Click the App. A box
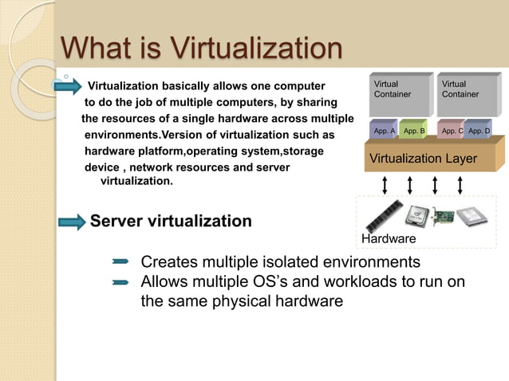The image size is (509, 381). pyautogui.click(x=385, y=130)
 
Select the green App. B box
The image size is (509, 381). pyautogui.click(x=414, y=130)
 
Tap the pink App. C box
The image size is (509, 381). pyautogui.click(x=452, y=130)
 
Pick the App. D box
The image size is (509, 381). pyautogui.click(x=479, y=130)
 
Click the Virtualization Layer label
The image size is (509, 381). pyautogui.click(x=423, y=159)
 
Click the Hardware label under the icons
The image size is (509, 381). pyautogui.click(x=389, y=239)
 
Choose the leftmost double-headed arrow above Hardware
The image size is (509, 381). pyautogui.click(x=385, y=185)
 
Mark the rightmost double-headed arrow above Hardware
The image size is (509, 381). pyautogui.click(x=460, y=185)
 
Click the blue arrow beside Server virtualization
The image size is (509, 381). pyautogui.click(x=69, y=221)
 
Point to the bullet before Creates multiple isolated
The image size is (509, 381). pyautogui.click(x=120, y=261)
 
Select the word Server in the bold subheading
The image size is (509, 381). pyautogui.click(x=117, y=221)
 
